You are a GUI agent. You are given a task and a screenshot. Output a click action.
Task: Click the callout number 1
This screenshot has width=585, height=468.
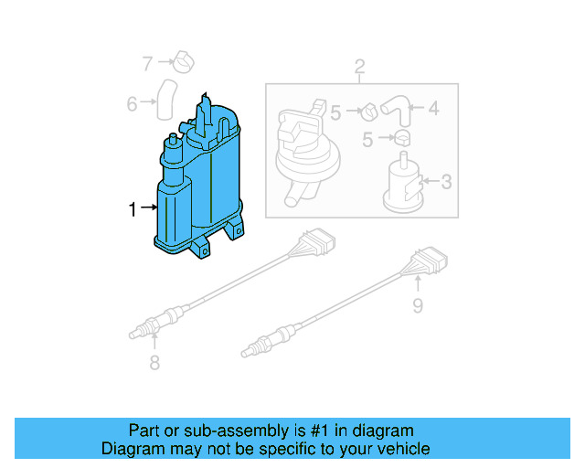pos(133,209)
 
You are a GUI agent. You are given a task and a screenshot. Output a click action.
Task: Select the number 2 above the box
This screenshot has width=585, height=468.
pos(359,66)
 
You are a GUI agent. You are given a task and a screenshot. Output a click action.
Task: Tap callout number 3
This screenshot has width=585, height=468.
pos(445,182)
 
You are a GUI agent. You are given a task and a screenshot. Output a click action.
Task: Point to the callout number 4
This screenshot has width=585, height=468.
pos(433,109)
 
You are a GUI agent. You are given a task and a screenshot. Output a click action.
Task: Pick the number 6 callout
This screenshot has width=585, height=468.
pos(133,104)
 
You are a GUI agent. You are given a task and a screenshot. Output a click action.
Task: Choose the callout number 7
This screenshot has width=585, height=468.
pos(147,63)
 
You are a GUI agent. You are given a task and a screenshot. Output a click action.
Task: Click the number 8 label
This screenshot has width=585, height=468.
pos(154,363)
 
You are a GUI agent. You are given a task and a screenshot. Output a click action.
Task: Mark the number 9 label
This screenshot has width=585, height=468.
pos(417,305)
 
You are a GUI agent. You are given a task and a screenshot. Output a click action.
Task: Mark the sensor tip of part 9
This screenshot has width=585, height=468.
pos(251,348)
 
